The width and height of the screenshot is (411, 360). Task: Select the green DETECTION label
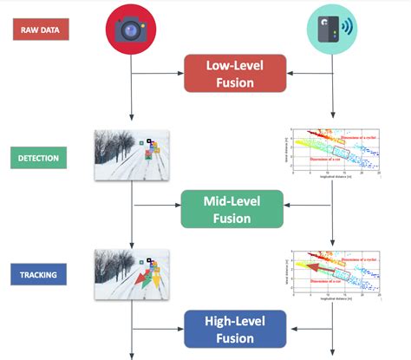tap(38, 158)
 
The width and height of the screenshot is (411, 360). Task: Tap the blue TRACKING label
tap(38, 277)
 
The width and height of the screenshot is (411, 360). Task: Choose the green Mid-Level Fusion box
tap(232, 208)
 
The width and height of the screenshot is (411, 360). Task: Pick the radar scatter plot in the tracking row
tap(335, 273)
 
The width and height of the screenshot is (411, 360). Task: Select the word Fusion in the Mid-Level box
tap(232, 218)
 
